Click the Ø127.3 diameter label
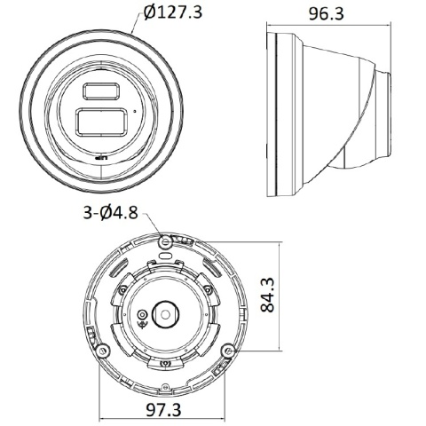pyautogui.click(x=173, y=12)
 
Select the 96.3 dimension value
pyautogui.click(x=327, y=13)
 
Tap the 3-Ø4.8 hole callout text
pyautogui.click(x=110, y=212)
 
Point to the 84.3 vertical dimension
pyautogui.click(x=267, y=295)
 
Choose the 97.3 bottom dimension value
pyautogui.click(x=163, y=409)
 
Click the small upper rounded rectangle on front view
pyautogui.click(x=101, y=91)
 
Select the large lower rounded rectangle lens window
pyautogui.click(x=102, y=122)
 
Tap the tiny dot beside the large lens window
pyautogui.click(x=135, y=112)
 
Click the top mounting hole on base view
pyautogui.click(x=165, y=242)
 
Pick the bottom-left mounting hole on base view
pyautogui.click(x=103, y=351)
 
